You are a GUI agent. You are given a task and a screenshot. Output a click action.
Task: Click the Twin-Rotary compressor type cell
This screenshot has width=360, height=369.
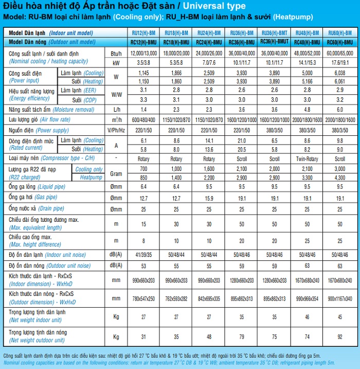[x=307, y=159]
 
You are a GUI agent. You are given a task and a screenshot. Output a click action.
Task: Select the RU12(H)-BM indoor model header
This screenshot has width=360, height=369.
[x=143, y=32]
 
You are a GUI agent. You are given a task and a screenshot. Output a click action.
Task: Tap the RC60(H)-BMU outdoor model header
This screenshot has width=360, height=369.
[x=340, y=42]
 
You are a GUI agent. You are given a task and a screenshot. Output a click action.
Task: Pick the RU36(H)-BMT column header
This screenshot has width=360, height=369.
[x=275, y=32]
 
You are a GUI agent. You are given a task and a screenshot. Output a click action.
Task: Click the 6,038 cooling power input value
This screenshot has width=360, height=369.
[x=340, y=73]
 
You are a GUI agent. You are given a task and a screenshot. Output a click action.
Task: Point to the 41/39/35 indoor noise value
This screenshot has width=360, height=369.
[x=143, y=255]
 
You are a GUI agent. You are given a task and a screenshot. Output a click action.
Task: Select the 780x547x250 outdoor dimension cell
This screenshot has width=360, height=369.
[x=143, y=298]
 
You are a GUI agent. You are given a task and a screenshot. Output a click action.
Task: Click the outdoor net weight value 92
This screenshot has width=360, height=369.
[x=340, y=337]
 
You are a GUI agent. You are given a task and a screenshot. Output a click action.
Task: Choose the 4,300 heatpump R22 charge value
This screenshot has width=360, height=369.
[x=340, y=178]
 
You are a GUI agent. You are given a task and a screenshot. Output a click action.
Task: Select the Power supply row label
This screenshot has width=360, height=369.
[x=39, y=130]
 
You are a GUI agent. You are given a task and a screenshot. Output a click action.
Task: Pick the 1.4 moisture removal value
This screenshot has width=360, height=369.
[x=143, y=110]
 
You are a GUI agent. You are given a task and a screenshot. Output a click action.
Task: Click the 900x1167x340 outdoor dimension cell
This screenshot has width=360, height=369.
[x=340, y=298]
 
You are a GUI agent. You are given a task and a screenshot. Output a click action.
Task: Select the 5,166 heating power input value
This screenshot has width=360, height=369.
[x=307, y=81]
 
